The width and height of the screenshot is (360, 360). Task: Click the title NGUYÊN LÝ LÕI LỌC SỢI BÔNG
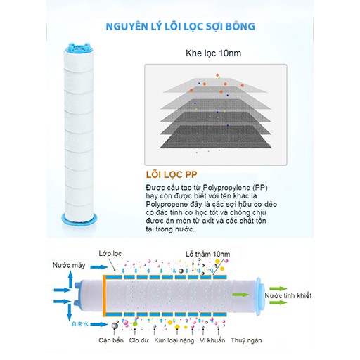[180, 27]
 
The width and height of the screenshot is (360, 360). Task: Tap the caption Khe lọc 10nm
[213, 53]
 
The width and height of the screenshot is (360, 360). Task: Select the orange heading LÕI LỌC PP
[172, 174]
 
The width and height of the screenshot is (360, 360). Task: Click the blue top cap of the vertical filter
[79, 47]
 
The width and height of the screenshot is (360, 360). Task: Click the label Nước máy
[69, 266]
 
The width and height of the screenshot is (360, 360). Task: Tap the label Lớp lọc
[110, 254]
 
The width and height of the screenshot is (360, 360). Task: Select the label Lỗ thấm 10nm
[208, 254]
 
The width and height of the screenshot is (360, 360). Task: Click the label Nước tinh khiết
[288, 296]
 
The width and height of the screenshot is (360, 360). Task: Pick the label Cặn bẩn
[111, 340]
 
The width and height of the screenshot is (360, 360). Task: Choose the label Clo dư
[139, 340]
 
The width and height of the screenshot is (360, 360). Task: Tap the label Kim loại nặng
[174, 340]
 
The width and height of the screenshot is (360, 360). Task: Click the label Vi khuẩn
[212, 340]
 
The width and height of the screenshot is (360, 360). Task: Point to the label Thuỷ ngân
[246, 340]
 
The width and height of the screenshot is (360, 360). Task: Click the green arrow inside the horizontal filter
[240, 295]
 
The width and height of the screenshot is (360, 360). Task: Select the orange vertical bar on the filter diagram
[104, 296]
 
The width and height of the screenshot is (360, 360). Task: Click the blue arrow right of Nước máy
[99, 267]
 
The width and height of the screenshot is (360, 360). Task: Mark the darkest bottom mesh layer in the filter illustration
[215, 137]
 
